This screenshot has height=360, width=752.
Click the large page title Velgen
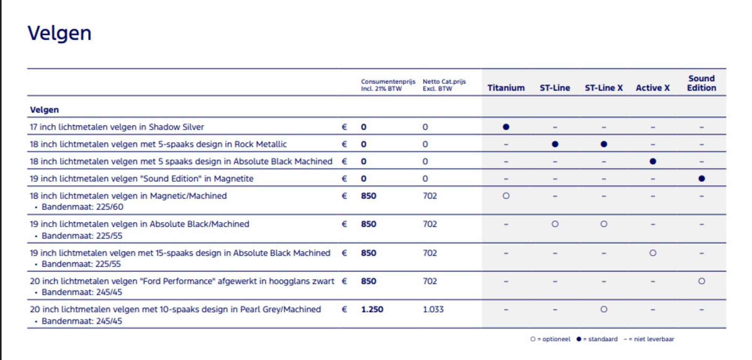pos(60,33)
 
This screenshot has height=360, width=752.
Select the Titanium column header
pos(506,88)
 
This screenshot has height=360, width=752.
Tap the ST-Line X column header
pos(604,88)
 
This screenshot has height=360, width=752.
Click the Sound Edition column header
pos(701,83)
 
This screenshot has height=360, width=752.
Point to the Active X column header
pos(653,88)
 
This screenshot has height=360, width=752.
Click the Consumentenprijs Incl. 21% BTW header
pos(388,85)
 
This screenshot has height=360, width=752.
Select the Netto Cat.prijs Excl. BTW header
pos(444,85)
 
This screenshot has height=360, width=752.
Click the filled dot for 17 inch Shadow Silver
pos(506,127)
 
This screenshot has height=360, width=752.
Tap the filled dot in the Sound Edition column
pos(702,178)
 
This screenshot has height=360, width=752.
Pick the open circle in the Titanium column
pos(506,196)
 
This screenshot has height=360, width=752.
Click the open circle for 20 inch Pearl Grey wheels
pos(604,309)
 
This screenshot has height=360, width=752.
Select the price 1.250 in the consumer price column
pos(372,309)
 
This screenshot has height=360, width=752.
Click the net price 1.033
pos(433,309)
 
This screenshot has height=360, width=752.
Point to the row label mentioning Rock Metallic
pos(158,144)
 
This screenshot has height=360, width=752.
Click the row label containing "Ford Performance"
pos(182,281)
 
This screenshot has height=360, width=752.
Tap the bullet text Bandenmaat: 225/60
pos(82,207)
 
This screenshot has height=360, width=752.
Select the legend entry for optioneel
pos(550,339)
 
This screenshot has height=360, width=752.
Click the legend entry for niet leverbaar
pos(649,339)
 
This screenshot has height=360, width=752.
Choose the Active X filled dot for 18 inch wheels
pos(653,161)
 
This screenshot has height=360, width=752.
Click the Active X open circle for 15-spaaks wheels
pos(653,253)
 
